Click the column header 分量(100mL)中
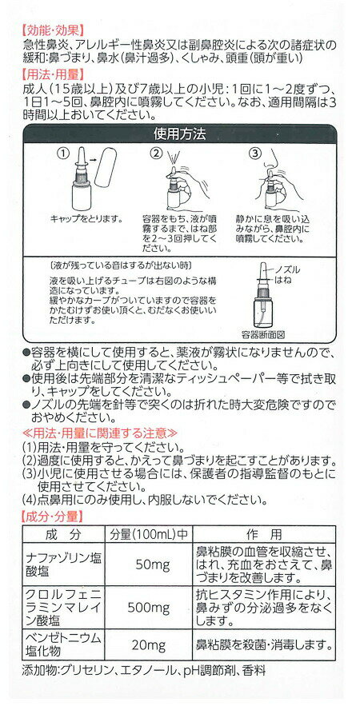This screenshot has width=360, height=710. [x=149, y=536]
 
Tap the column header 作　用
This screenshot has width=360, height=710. [x=264, y=536]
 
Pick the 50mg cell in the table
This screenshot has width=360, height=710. [x=149, y=564]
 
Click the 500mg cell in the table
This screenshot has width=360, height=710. [x=149, y=607]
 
